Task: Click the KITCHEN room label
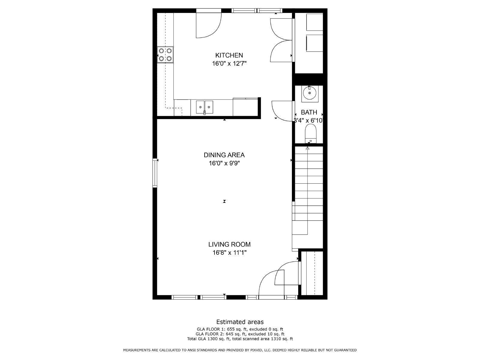tap(229, 55)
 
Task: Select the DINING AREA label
tap(224, 155)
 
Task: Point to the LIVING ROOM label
tap(229, 244)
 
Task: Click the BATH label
tap(309, 112)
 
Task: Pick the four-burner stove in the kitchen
tap(165, 55)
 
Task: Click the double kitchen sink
tap(205, 107)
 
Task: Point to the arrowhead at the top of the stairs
tap(307, 148)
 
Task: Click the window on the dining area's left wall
tap(155, 173)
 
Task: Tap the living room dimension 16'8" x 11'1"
tap(229, 253)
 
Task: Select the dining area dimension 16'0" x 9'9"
tap(224, 163)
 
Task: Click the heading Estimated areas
tap(240, 322)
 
